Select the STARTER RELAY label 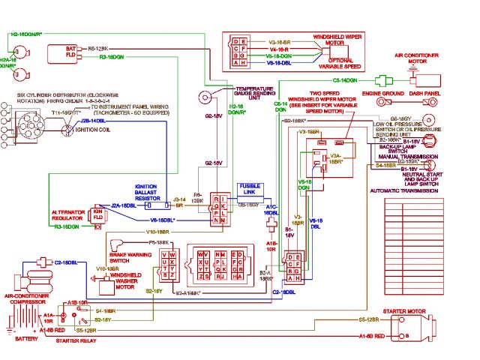pos(77,341)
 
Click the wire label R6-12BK pos(99,48)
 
